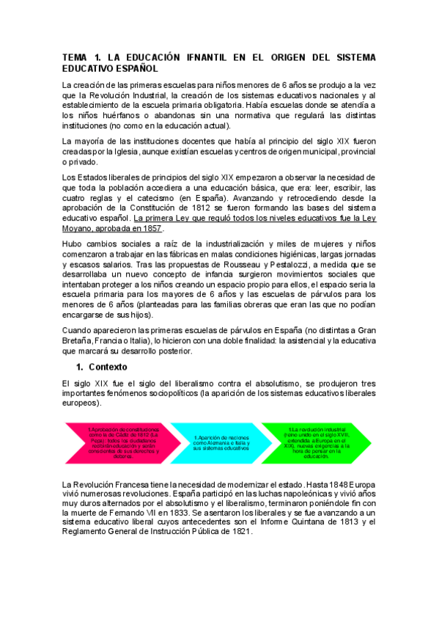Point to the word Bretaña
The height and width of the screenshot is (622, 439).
tap(81, 340)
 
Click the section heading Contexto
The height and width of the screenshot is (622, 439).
tap(108, 366)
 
